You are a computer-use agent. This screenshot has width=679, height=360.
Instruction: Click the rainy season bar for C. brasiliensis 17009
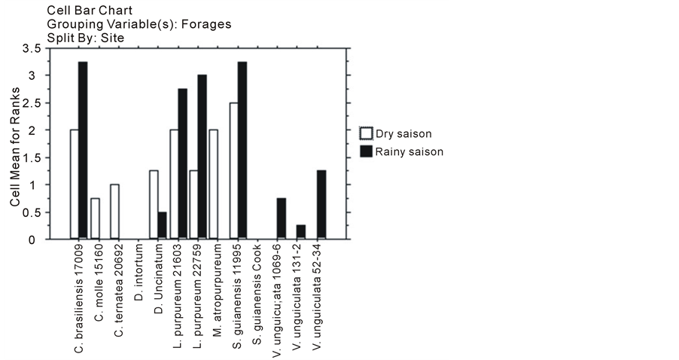83,151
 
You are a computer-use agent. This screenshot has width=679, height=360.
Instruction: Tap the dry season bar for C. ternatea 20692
114,212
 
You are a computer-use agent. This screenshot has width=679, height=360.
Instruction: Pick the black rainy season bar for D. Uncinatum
162,226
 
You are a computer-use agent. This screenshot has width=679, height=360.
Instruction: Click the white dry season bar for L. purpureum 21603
174,185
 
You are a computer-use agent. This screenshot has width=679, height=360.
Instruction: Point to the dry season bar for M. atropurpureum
213,185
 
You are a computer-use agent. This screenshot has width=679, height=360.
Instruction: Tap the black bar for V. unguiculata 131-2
301,232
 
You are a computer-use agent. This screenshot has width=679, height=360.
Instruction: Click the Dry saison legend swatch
367,135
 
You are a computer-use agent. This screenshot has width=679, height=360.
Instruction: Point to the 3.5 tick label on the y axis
32,49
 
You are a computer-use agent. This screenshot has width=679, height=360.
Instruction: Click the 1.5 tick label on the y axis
32,158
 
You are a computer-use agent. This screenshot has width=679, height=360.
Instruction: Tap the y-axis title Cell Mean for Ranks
14,143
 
